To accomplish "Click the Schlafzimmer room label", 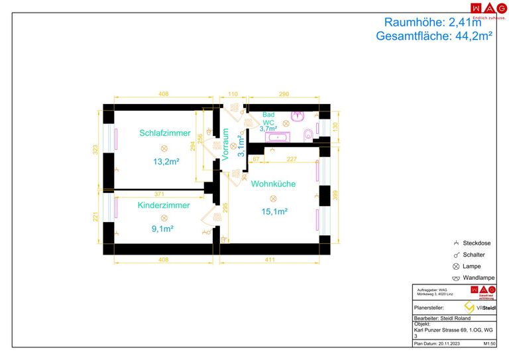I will (x=165, y=133).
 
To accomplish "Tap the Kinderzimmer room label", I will (x=164, y=206).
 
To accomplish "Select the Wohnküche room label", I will (x=273, y=184).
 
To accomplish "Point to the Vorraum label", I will (x=225, y=142).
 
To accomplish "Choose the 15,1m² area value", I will (x=273, y=211).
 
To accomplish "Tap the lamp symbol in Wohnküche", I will (x=272, y=198).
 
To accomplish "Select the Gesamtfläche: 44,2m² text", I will (x=433, y=37).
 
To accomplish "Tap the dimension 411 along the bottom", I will (x=270, y=260).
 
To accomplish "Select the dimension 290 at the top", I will (x=284, y=95).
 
